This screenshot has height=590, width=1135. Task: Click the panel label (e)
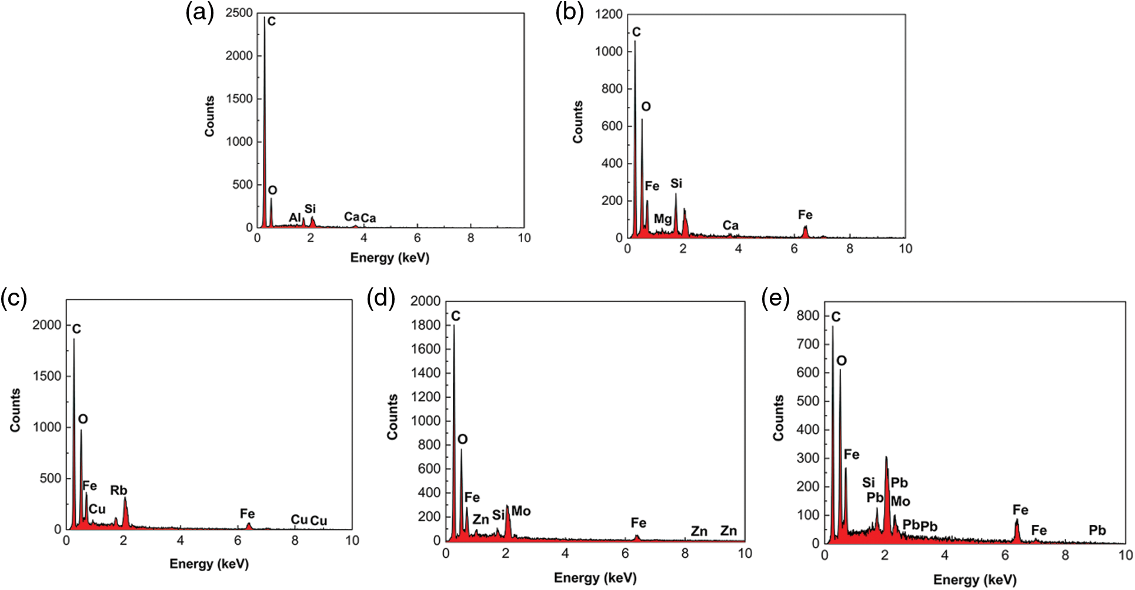point(776,299)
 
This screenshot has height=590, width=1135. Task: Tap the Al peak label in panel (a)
point(295,218)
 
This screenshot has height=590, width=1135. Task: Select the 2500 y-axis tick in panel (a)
point(239,13)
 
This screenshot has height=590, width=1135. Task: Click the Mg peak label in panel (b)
point(663,219)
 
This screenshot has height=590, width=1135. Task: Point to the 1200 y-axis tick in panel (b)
point(609,14)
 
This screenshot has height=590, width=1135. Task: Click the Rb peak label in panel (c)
point(119,490)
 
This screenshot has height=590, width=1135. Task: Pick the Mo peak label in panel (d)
point(521,511)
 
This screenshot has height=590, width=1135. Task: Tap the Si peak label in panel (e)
point(869,482)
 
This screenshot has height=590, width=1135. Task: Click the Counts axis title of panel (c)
point(15,410)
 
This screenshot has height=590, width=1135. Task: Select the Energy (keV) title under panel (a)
point(390,257)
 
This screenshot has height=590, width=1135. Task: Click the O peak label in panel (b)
point(646,106)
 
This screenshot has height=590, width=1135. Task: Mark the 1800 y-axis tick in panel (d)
point(425,325)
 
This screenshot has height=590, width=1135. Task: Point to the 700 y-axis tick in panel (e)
point(807,344)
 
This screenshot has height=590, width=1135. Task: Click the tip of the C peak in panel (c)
point(74,339)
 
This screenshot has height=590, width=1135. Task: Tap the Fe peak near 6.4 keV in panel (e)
point(1017,519)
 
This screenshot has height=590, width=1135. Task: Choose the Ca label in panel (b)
point(730,225)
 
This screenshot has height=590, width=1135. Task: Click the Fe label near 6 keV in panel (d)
point(639,522)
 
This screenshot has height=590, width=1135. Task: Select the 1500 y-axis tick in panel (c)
point(47,376)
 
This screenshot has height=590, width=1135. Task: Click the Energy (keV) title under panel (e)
point(975,580)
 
